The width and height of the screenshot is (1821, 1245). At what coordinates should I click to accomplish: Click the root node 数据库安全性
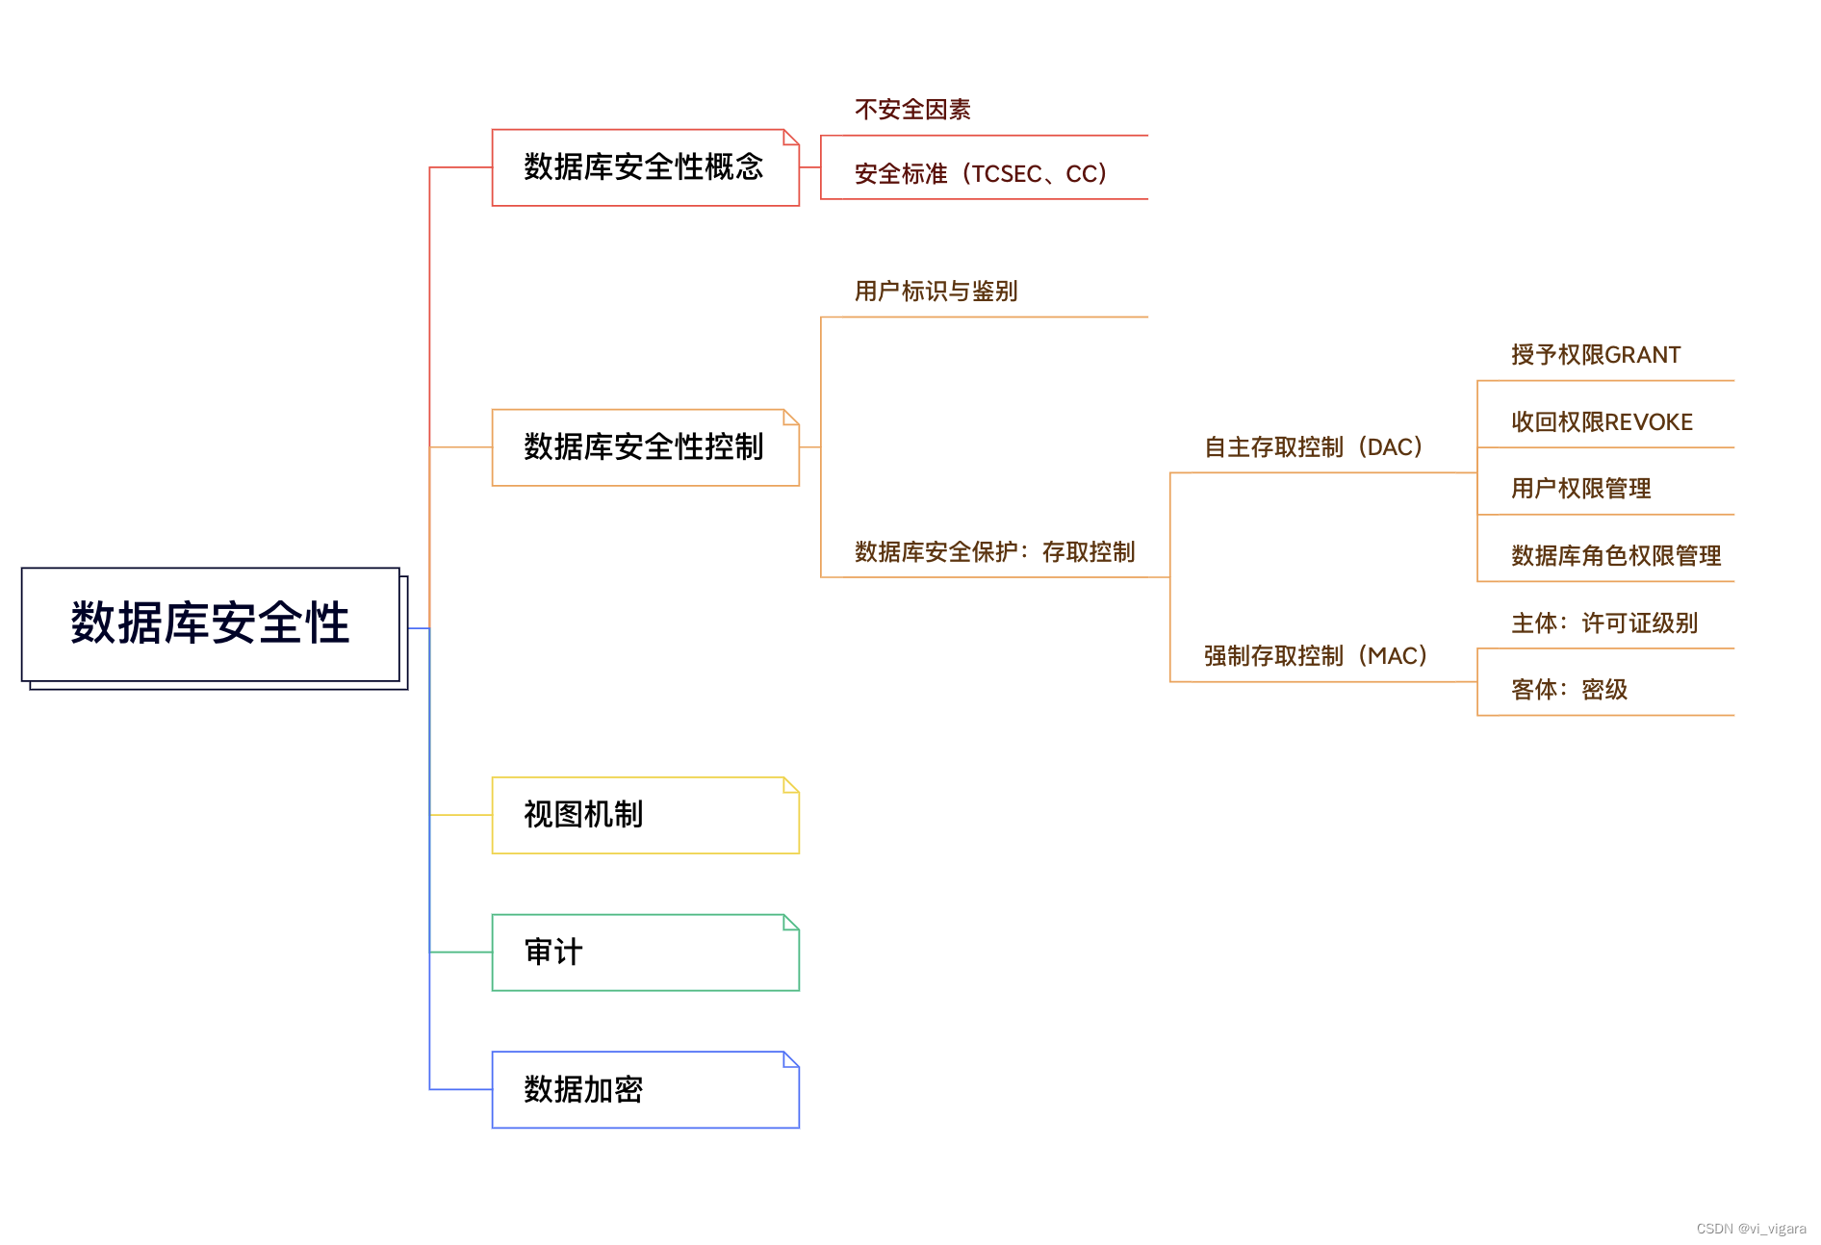click(x=210, y=623)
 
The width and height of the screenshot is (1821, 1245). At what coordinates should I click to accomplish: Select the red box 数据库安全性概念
click(x=644, y=167)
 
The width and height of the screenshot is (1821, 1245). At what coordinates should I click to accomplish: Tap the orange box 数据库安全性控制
click(x=644, y=447)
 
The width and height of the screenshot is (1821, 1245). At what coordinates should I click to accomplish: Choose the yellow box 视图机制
click(x=644, y=815)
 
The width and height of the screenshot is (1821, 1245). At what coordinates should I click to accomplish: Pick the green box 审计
click(x=644, y=953)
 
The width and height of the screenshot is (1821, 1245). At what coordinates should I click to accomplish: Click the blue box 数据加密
click(x=644, y=1089)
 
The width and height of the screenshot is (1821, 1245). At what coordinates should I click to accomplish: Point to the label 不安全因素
click(x=912, y=110)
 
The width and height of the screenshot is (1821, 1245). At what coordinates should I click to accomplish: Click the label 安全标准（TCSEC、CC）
click(x=981, y=174)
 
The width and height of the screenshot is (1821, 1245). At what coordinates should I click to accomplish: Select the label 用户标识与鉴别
click(x=936, y=292)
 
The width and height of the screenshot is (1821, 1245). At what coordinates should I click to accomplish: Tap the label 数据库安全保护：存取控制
click(x=994, y=552)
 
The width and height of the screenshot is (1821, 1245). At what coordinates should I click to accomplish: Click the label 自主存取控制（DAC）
click(x=1314, y=447)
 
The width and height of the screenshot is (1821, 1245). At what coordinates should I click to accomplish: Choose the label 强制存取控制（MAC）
click(x=1316, y=656)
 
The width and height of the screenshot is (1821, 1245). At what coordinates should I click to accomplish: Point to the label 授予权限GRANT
click(x=1596, y=355)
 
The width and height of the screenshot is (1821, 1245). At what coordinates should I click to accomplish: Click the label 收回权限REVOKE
click(x=1602, y=422)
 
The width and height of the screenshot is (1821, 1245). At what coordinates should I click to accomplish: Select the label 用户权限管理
click(x=1580, y=489)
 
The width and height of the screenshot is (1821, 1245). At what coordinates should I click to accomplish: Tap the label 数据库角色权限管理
click(x=1616, y=556)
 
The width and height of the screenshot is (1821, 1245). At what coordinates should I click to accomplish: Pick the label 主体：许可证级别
click(x=1604, y=623)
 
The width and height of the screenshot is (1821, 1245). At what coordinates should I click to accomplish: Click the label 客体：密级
click(x=1569, y=690)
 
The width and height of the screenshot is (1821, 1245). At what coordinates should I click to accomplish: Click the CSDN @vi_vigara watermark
click(x=1751, y=1229)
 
